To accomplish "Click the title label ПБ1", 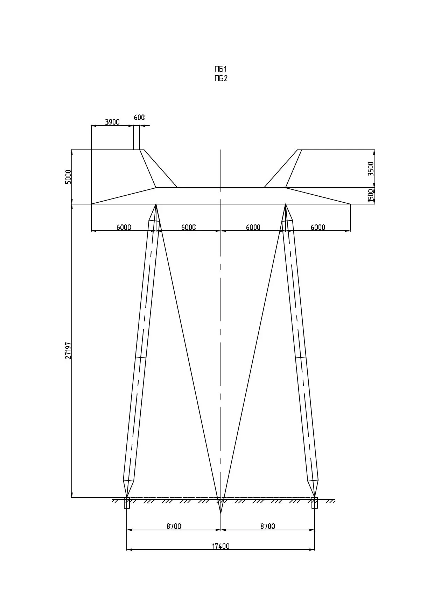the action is (221, 69).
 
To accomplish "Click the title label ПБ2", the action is (221, 78).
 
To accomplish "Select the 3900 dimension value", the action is (112, 122).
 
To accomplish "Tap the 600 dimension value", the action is (139, 117).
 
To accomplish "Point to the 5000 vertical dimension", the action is (68, 177).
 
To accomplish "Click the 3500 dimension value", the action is (371, 169).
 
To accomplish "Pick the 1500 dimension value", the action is (371, 196).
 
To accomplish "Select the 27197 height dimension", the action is (68, 350).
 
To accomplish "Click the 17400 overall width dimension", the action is (221, 546).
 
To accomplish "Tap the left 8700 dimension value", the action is (174, 526).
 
